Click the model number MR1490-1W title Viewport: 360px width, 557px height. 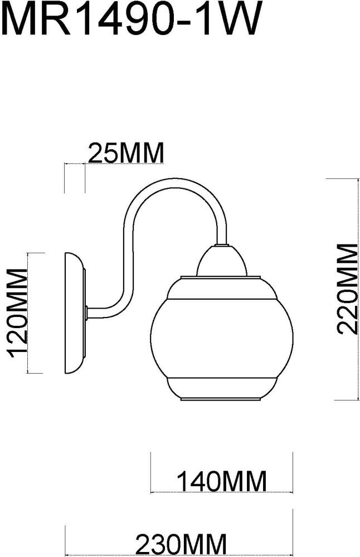tap(132, 18)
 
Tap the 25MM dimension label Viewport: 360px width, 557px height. tap(126, 153)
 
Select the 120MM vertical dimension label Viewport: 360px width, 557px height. tap(17, 313)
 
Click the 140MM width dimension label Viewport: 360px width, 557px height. tap(221, 481)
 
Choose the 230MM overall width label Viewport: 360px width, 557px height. tap(181, 544)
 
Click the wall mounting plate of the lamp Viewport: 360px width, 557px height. tap(75, 313)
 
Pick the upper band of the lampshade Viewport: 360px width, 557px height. tap(222, 288)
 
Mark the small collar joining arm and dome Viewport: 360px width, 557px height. tap(222, 245)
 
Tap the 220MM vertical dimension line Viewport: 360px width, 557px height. tap(357, 289)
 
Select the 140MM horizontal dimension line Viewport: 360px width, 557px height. tap(222, 492)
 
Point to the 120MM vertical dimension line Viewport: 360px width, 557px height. tap(28, 313)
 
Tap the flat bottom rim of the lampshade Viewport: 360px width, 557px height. tap(222, 399)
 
